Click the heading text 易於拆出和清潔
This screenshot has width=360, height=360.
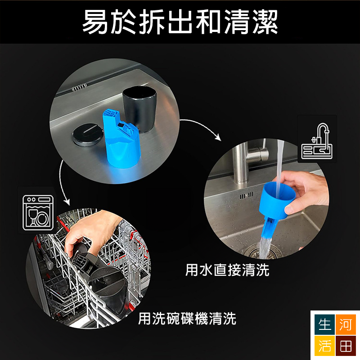click(x=180, y=22)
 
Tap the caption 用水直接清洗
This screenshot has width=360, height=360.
click(x=227, y=270)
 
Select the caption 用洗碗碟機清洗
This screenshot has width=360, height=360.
click(x=187, y=319)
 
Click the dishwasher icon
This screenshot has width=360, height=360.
click(x=38, y=213)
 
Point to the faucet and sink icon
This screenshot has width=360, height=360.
click(x=317, y=141)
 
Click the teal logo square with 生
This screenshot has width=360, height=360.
click(x=324, y=324)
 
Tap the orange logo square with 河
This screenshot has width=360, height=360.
click(x=346, y=324)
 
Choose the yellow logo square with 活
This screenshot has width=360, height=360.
click(x=324, y=346)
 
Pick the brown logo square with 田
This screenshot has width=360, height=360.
click(x=346, y=346)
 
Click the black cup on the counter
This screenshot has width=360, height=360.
click(x=139, y=108)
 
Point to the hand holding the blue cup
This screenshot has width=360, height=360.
click(x=303, y=193)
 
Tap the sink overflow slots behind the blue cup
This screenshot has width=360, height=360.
click(x=247, y=196)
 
